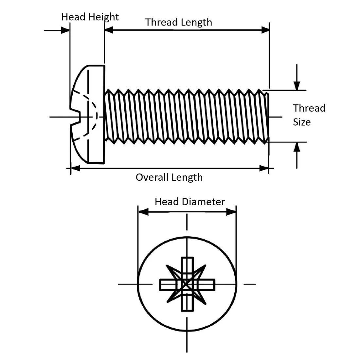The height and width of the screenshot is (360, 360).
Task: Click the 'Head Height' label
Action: click(x=90, y=17)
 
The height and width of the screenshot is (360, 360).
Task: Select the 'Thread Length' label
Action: click(x=179, y=22)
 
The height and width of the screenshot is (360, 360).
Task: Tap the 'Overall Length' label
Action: click(x=169, y=177)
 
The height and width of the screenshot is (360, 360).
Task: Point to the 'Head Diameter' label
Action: click(x=190, y=202)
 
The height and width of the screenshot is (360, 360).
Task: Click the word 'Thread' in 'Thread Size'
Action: click(x=309, y=108)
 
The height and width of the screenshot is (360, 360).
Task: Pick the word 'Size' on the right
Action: click(x=302, y=122)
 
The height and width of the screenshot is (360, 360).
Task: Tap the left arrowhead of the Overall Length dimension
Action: click(x=75, y=168)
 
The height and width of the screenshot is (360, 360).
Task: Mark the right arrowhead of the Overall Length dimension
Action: click(x=264, y=168)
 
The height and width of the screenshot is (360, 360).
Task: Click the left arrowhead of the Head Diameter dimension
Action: click(x=143, y=212)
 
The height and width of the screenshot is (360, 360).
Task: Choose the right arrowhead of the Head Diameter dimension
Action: click(x=231, y=212)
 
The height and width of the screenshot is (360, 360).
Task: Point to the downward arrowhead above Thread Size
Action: click(x=297, y=86)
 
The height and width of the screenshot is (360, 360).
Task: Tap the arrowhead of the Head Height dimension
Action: click(x=65, y=30)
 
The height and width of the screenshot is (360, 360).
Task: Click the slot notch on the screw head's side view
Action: click(x=76, y=117)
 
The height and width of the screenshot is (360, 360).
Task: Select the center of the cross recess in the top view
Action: click(x=187, y=284)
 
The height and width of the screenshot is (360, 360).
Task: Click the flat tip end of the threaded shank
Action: click(x=268, y=117)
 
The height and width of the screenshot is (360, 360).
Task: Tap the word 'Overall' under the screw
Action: click(x=151, y=177)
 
